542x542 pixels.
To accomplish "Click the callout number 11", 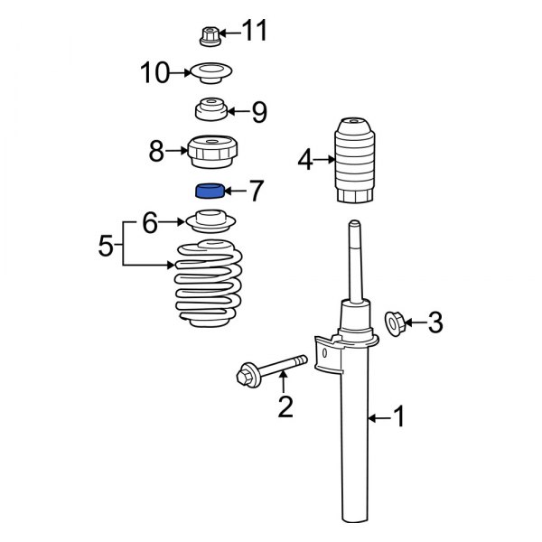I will pos(256,33).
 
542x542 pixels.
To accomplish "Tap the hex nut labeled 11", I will pos(207,36).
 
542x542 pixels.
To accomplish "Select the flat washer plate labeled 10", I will pos(212,72).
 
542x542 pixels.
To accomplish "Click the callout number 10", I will pos(154,72).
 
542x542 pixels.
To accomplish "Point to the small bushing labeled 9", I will pos(210,111).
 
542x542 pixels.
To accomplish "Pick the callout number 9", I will pos(259,112).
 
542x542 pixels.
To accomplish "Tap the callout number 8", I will pos(156,151).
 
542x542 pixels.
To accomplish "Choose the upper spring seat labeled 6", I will pos(211,220).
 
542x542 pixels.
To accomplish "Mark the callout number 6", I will pos(150,221).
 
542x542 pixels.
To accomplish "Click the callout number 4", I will pos(304,161).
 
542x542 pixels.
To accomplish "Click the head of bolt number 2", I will pos(247,372).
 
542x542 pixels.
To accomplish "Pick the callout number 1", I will pos(398,417).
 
